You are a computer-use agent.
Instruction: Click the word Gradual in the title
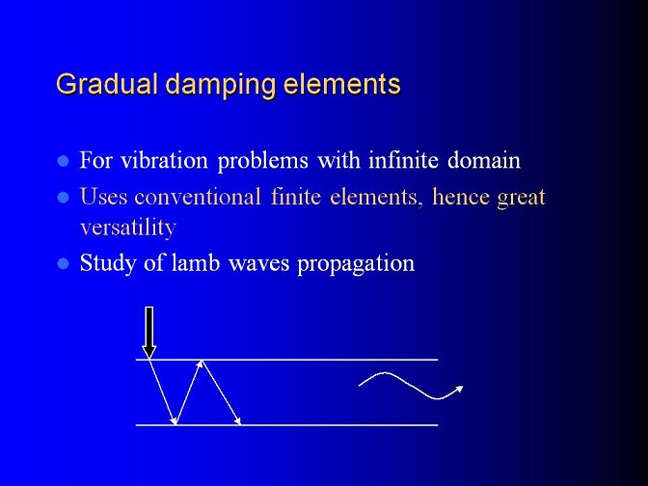(107, 84)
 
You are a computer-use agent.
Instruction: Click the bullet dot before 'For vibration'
(63, 161)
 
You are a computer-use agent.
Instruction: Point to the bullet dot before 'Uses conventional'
(63, 197)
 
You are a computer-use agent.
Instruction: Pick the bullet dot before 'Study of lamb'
(63, 263)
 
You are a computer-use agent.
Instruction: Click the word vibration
(164, 159)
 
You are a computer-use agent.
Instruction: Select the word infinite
(403, 159)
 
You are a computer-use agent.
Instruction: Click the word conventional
(198, 197)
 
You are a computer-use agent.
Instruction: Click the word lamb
(195, 263)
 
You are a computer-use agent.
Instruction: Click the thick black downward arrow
(149, 333)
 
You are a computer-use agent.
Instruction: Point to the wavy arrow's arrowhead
(459, 389)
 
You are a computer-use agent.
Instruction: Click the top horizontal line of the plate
(286, 360)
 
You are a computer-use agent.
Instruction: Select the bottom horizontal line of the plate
(286, 425)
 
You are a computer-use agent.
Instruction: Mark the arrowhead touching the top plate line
(201, 364)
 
